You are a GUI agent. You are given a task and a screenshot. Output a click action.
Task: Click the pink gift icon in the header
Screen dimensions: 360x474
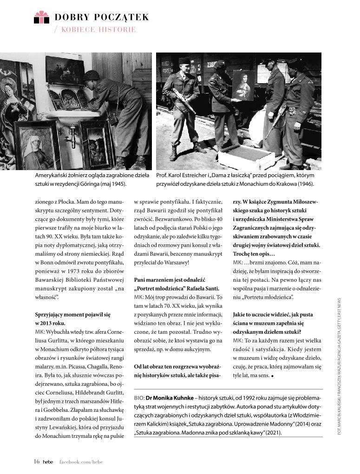41,18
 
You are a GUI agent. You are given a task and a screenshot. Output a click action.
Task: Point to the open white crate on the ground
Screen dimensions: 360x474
246,157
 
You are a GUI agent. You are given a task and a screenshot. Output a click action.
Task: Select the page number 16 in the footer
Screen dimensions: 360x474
36,461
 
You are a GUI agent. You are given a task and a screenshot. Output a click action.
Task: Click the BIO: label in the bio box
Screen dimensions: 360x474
139,398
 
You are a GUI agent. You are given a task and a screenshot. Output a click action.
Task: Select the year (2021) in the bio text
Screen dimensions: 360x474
271,433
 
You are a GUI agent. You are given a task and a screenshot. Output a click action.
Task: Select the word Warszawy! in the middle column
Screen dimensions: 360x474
175,263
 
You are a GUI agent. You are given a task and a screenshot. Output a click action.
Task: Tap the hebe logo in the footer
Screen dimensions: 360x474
48,462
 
